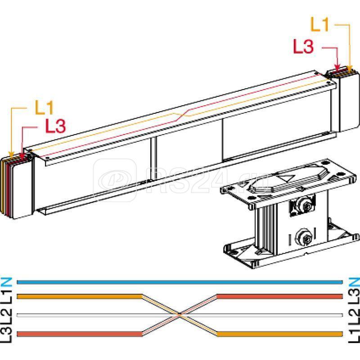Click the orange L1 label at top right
click(x=319, y=24)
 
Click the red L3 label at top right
click(x=303, y=46)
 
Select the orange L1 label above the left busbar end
click(x=44, y=107)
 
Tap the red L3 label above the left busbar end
click(x=55, y=126)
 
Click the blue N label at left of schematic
click(x=6, y=282)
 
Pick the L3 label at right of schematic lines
click(x=354, y=297)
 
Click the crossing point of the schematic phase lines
click(x=180, y=315)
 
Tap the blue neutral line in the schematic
click(x=180, y=282)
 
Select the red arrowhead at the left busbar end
click(x=22, y=157)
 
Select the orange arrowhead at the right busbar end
click(x=349, y=68)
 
